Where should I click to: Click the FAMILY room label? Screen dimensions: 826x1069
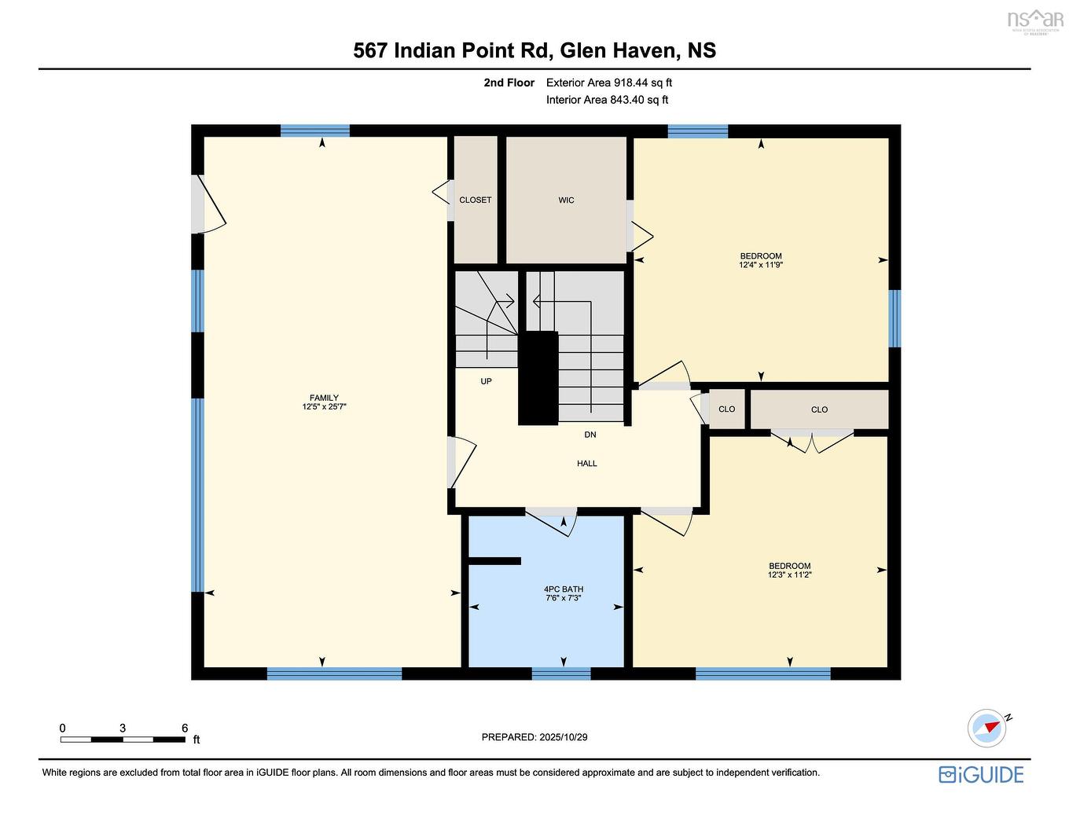click(x=324, y=398)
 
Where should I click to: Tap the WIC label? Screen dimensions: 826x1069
click(x=566, y=200)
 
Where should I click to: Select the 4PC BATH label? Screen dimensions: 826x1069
click(x=564, y=589)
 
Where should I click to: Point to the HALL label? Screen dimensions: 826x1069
click(x=587, y=464)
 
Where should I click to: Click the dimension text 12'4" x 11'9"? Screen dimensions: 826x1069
click(x=761, y=266)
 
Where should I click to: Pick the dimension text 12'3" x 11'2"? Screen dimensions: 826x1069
click(x=789, y=575)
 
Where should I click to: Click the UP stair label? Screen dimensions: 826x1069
click(x=486, y=382)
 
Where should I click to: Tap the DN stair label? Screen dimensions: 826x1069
click(x=590, y=435)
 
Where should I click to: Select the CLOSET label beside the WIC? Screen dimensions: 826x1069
click(x=476, y=200)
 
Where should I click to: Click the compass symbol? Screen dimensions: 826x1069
click(x=987, y=727)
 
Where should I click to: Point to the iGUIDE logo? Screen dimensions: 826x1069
click(x=981, y=775)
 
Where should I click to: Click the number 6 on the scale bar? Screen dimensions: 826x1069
click(x=185, y=728)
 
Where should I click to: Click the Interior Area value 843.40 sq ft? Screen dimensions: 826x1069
click(x=639, y=100)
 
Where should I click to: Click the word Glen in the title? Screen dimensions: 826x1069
click(x=583, y=50)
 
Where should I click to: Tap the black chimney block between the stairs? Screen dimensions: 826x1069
click(x=538, y=377)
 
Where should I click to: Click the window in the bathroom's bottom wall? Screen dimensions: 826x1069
click(x=561, y=674)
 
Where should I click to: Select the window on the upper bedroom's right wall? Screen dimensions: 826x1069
click(x=895, y=318)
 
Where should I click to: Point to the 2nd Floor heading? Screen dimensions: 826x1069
click(x=509, y=83)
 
